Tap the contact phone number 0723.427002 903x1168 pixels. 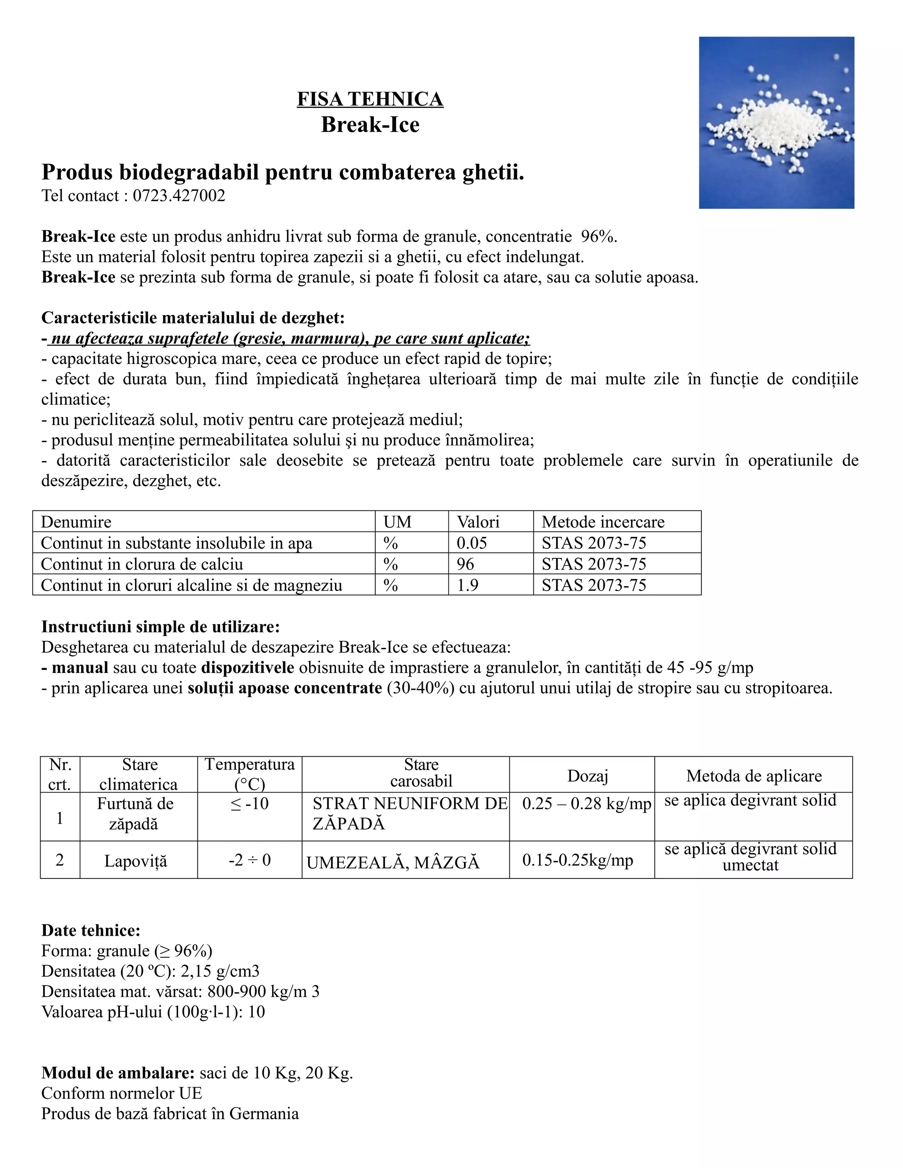[x=179, y=196]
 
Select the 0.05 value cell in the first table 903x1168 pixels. [x=471, y=543]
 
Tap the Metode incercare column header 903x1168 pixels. [x=602, y=521]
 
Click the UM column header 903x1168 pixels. [x=397, y=521]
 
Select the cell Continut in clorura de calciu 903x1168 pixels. [x=142, y=564]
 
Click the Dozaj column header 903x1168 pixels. [x=587, y=776]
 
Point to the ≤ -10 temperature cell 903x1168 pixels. [x=249, y=804]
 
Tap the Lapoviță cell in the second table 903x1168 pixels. [x=135, y=862]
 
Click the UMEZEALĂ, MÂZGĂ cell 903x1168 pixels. [x=393, y=863]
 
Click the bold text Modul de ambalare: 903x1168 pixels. [x=118, y=1073]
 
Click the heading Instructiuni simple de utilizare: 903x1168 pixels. [x=160, y=627]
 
